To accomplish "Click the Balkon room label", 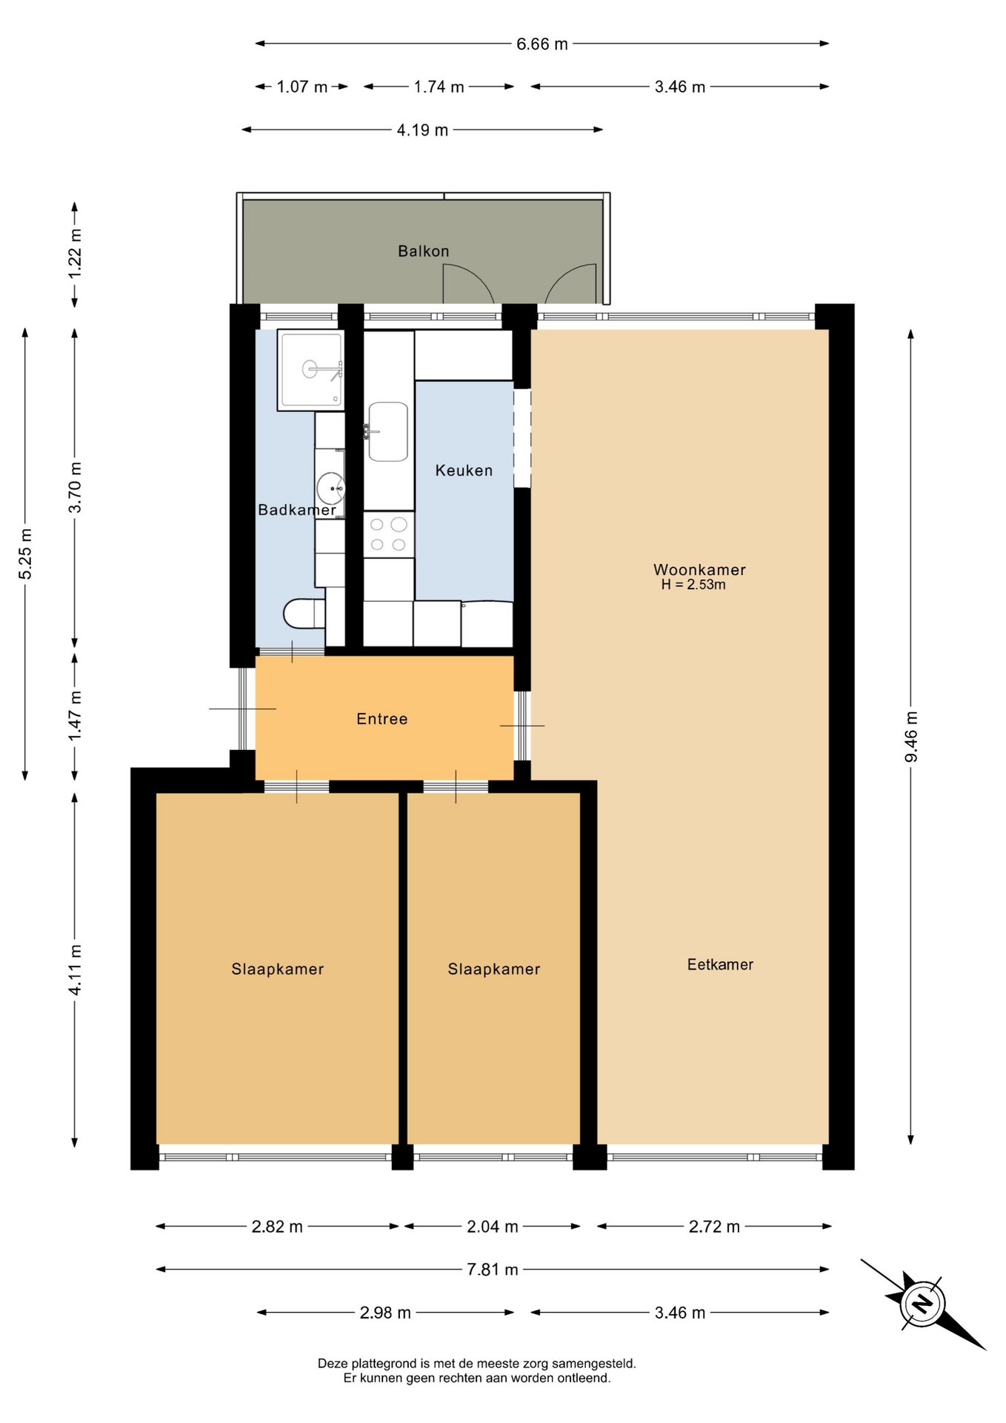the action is tap(423, 251).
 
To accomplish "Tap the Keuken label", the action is tap(464, 471).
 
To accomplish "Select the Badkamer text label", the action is tap(296, 510).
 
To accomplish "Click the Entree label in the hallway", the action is tap(382, 719).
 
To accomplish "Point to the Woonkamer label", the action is tap(699, 570).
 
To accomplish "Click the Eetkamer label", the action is tap(720, 964).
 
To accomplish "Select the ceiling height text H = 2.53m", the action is tap(693, 585).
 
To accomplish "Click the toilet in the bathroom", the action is tap(304, 614).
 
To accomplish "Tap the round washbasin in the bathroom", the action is tap(330, 488).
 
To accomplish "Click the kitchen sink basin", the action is tap(388, 431).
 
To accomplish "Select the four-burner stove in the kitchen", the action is tap(388, 534).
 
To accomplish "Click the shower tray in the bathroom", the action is tap(311, 370).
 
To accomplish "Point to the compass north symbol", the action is tap(922, 1304).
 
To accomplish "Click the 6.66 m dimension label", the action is tap(542, 44).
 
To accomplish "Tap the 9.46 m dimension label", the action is tap(911, 736).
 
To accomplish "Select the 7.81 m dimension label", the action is tap(493, 1270).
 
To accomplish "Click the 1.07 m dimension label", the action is tap(302, 87).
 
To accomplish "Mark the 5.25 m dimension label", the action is tap(25, 554).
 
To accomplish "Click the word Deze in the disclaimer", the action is tap(333, 1363).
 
